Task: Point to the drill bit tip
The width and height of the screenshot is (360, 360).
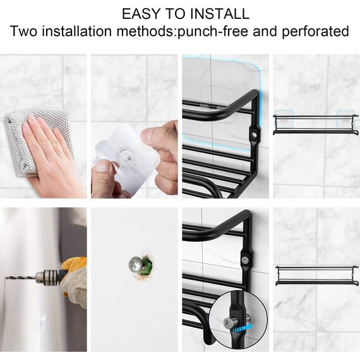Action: (8, 278)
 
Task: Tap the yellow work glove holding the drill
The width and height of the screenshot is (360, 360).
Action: (75, 281)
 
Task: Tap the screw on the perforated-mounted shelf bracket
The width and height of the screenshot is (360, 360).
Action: (244, 258)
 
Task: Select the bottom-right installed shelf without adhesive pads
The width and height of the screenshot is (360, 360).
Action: (316, 275)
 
